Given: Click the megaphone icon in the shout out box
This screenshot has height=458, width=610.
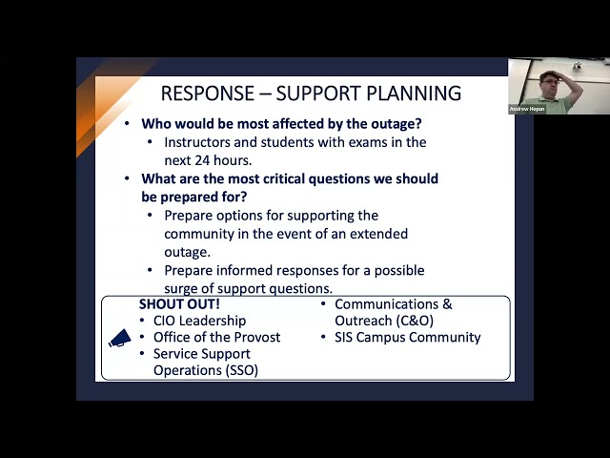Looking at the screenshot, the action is [x=120, y=338].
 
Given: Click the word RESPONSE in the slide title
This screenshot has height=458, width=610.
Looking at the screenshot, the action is [x=208, y=94].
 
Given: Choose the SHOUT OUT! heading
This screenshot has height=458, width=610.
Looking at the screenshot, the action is [x=179, y=303].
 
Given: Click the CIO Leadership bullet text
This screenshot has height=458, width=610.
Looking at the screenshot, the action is [x=199, y=321].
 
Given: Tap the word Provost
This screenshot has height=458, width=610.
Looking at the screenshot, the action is [x=257, y=337].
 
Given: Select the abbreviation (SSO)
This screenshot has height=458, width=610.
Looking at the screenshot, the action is [x=241, y=370].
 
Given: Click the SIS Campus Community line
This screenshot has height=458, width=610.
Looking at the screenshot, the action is [x=408, y=337].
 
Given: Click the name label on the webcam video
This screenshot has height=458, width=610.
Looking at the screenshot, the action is [x=527, y=109].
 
